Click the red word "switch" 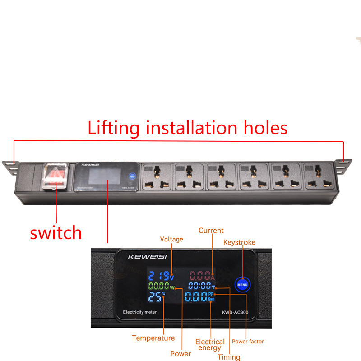[x=56, y=233]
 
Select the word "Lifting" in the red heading [x=114, y=128]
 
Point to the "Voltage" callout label [x=171, y=239]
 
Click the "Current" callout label [x=211, y=231]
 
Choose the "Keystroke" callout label [x=240, y=242]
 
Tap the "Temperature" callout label [x=153, y=338]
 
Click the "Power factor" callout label [x=248, y=342]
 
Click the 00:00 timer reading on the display [x=200, y=287]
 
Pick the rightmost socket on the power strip [x=318, y=177]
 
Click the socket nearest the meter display [x=157, y=177]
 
